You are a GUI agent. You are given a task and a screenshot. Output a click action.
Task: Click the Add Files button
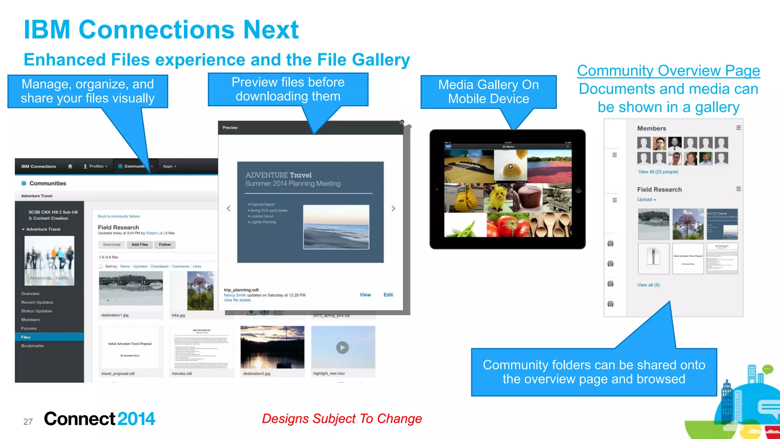pyautogui.click(x=139, y=245)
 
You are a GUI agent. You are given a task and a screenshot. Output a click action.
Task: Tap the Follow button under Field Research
pyautogui.click(x=165, y=245)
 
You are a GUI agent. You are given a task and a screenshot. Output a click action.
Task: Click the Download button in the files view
pyautogui.click(x=112, y=245)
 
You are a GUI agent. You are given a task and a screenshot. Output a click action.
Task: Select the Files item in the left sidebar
pyautogui.click(x=26, y=337)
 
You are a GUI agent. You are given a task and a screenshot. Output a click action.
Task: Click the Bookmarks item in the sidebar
pyautogui.click(x=32, y=346)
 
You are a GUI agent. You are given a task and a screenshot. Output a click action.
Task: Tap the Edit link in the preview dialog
pyautogui.click(x=388, y=295)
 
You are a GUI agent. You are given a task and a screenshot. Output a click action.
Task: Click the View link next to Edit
pyautogui.click(x=365, y=295)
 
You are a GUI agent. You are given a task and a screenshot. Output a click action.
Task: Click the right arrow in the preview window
pyautogui.click(x=393, y=209)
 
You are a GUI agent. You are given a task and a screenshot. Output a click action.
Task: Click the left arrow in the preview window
pyautogui.click(x=229, y=209)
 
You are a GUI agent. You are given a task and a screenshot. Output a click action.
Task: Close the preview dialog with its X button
pyautogui.click(x=402, y=122)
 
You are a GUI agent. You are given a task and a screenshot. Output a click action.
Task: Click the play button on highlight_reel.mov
pyautogui.click(x=342, y=348)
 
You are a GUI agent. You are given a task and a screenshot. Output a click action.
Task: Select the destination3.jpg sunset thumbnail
pyautogui.click(x=272, y=347)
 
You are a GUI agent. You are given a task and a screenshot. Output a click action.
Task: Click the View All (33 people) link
pyautogui.click(x=658, y=172)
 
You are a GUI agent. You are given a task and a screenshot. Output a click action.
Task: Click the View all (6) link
pyautogui.click(x=648, y=285)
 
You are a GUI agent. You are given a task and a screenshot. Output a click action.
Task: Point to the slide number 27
pyautogui.click(x=28, y=422)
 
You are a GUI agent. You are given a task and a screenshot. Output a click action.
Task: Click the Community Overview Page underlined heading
pyautogui.click(x=668, y=71)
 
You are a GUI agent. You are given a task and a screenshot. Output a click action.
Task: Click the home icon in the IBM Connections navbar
pyautogui.click(x=70, y=166)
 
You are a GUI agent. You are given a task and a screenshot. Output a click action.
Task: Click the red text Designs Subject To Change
pyautogui.click(x=342, y=419)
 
